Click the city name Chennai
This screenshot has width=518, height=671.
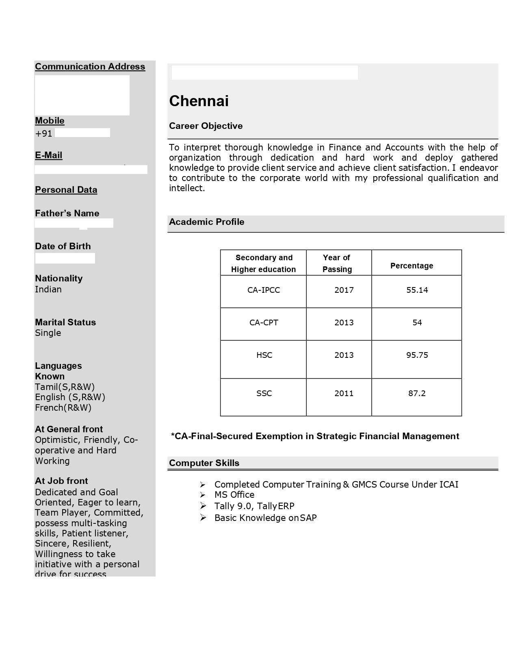click(199, 101)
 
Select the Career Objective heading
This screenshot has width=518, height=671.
click(206, 126)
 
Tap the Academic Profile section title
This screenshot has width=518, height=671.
click(206, 222)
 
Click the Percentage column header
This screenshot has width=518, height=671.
click(412, 266)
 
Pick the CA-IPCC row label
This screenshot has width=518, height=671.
click(264, 290)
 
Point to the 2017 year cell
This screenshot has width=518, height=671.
click(344, 290)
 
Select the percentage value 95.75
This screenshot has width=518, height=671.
click(417, 355)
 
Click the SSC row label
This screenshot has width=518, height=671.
click(264, 393)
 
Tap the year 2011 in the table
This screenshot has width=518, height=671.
click(344, 393)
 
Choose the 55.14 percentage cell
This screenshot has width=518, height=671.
click(417, 290)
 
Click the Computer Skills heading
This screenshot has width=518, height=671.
click(204, 463)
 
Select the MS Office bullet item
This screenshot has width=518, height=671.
click(234, 495)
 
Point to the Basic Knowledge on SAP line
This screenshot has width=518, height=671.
click(265, 518)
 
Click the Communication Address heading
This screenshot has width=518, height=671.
click(90, 67)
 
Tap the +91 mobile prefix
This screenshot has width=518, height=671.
click(43, 134)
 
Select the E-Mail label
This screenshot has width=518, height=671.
click(48, 155)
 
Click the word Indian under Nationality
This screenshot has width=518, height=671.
click(48, 290)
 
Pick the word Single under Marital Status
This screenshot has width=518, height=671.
click(48, 333)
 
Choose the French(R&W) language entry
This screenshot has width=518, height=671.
click(63, 408)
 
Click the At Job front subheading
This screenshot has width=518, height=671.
click(61, 481)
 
